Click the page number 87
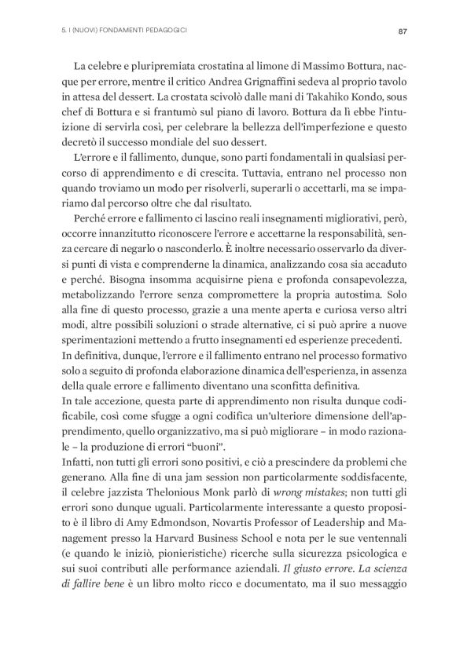(x=402, y=32)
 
